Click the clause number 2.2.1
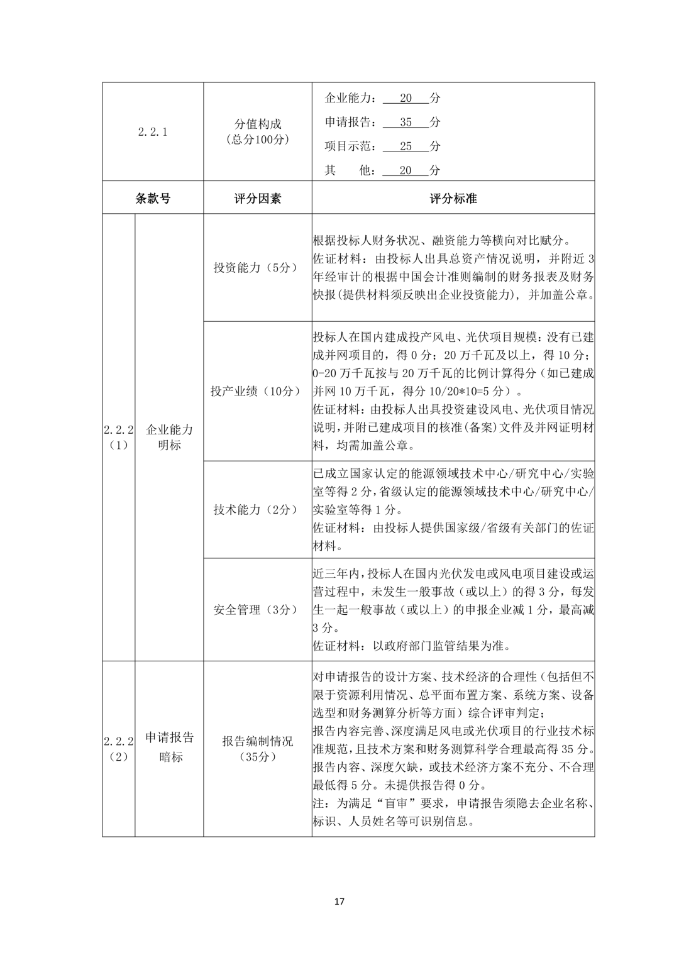click(152, 132)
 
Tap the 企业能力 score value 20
click(406, 98)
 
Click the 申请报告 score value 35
click(406, 122)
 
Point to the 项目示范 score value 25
click(406, 146)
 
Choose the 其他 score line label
click(347, 170)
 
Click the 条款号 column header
click(152, 199)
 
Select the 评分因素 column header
click(257, 199)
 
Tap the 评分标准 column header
click(453, 199)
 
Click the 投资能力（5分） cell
click(257, 267)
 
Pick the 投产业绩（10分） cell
click(257, 391)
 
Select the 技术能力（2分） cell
click(257, 510)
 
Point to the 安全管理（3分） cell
click(257, 610)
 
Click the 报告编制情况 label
click(257, 741)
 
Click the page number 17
click(339, 901)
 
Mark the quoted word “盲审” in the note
click(385, 803)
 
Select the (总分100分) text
click(257, 140)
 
